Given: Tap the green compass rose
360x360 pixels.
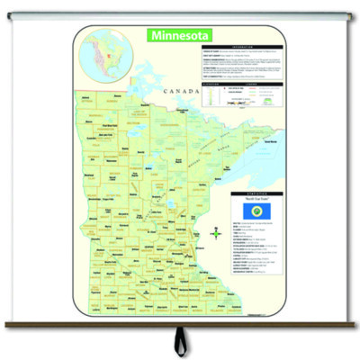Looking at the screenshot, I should point(216,233).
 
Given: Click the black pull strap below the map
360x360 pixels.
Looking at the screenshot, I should point(181,341).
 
